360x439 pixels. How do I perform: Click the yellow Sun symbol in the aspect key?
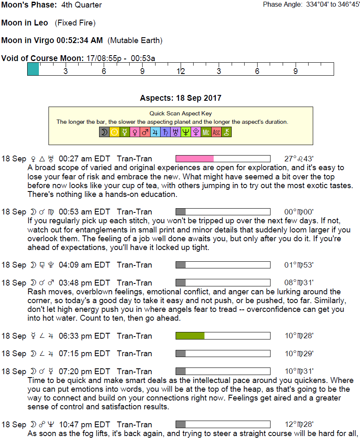[x=114, y=133]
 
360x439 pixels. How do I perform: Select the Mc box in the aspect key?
[x=206, y=133]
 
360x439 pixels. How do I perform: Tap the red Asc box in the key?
[x=216, y=133]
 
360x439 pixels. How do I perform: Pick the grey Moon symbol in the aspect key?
[x=104, y=133]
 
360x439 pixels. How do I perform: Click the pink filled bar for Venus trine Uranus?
[x=195, y=159]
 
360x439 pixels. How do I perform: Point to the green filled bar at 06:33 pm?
[x=190, y=336]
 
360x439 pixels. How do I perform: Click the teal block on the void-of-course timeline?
[x=33, y=69]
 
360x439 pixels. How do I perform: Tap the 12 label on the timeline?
[x=180, y=71]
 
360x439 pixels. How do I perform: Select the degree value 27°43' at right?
[x=299, y=159]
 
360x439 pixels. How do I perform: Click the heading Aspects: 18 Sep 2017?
[x=181, y=98]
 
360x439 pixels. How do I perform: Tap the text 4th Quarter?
[x=81, y=5]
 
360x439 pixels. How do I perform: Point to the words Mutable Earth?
[x=135, y=41]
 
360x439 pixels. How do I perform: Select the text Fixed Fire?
[x=75, y=23]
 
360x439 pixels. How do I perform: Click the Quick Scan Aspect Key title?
[x=181, y=113]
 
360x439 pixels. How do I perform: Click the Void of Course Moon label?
[x=42, y=58]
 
